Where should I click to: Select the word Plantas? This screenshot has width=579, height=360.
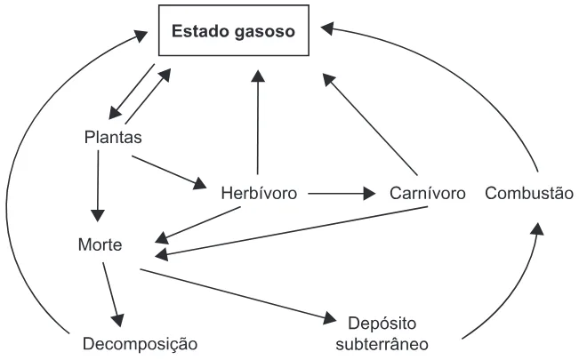coord(113,137)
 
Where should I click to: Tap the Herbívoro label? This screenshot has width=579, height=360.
coord(259,193)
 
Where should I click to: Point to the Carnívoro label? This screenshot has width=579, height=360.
coord(427,193)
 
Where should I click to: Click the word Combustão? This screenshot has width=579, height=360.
coord(529,193)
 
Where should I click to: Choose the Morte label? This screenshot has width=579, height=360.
coord(101,244)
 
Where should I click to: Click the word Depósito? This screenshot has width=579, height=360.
coord(382,324)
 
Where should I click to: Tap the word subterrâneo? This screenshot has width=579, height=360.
coord(382,345)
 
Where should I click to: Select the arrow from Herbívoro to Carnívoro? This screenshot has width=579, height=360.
coord(342,193)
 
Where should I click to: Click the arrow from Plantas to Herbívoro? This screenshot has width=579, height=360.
coord(169,172)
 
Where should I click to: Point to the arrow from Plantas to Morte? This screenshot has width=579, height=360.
coord(98,186)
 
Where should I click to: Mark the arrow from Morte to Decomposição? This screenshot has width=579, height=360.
coord(113,294)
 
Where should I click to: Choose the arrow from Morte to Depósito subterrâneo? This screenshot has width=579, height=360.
coord(238,294)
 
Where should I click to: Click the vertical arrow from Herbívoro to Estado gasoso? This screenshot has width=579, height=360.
coord(258,122)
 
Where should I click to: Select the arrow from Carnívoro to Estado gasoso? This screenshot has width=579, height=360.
coord(370,124)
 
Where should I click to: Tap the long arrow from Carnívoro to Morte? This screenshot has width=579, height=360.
coord(291,231)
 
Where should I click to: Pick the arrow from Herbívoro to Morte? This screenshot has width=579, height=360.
coord(197,225)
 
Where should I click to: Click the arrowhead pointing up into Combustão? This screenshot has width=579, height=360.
coord(537,228)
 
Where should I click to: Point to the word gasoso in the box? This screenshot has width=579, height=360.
coord(265,32)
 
